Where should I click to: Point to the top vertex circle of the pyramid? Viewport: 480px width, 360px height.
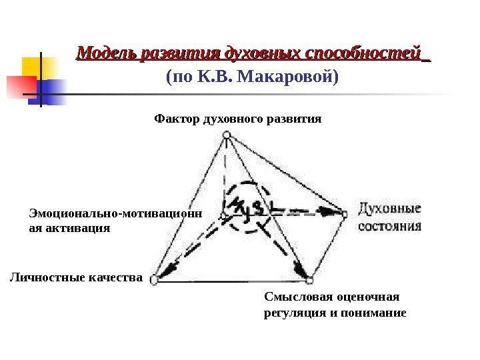pos(227,135)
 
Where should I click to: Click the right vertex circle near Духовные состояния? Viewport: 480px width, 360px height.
pos(345,214)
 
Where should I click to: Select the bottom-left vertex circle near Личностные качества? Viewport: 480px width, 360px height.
pos(154,279)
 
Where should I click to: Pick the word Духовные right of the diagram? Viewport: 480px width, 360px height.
pos(391,207)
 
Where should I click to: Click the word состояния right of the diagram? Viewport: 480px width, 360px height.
pos(391,225)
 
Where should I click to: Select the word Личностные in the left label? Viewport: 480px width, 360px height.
pos(43,276)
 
